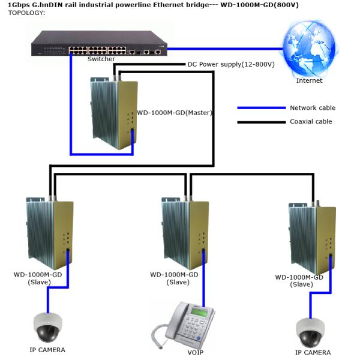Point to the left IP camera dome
tap(48, 326)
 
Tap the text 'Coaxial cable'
tap(311, 122)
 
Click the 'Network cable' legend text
tap(312, 108)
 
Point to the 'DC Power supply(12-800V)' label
tap(231, 64)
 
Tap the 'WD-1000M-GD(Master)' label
tap(175, 112)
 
